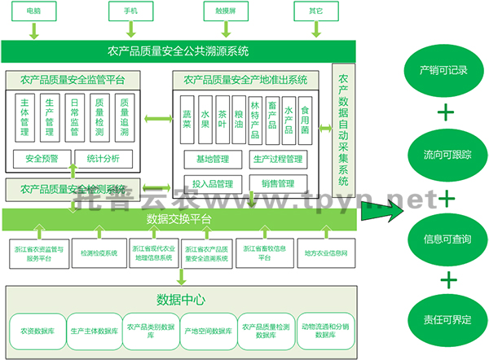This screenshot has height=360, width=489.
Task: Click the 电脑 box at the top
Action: (34, 11)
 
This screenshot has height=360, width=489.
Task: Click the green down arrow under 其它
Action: (315, 32)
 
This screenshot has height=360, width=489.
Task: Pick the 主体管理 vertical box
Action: (24, 116)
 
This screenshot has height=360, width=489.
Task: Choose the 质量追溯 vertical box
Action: (123, 116)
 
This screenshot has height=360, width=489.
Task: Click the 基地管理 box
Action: (207, 158)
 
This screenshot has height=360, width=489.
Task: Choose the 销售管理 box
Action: (278, 183)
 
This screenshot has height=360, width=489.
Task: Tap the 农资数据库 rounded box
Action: (34, 331)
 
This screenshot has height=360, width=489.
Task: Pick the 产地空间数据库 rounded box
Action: (208, 331)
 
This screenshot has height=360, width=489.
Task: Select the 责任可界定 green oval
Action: (447, 321)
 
